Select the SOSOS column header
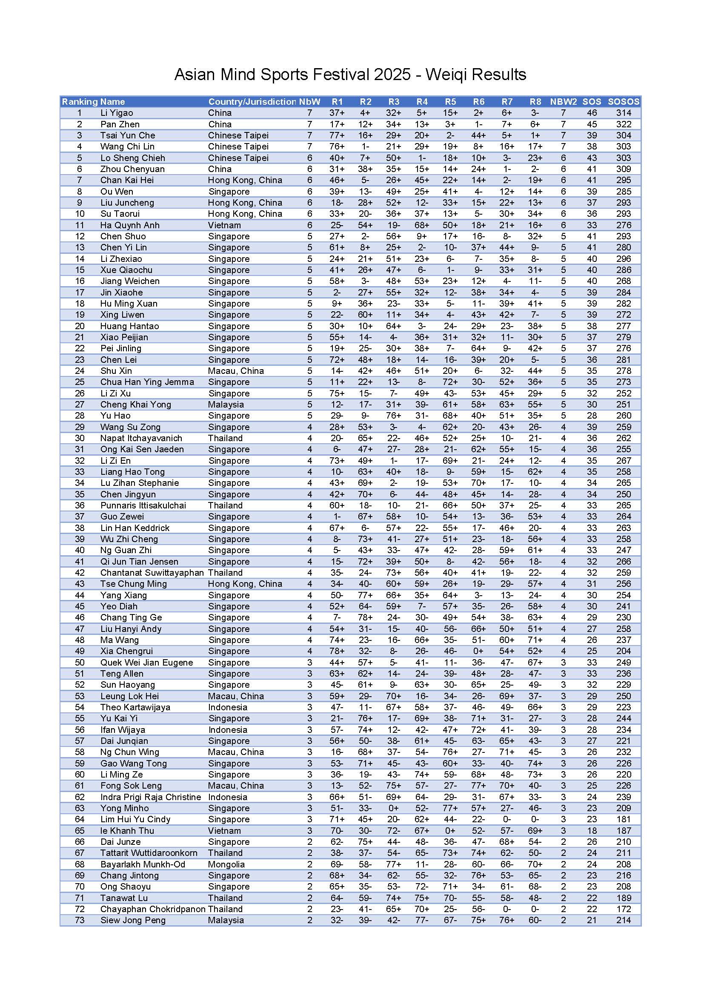pos(624,101)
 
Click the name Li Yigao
pos(117,113)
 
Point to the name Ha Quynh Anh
pos(130,225)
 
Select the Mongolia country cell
pos(226,864)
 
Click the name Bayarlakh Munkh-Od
pos(143,864)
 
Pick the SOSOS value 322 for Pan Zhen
pos(624,124)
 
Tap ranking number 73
pos(80,921)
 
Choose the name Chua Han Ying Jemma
pos(147,382)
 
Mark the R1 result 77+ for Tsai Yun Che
pos(337,135)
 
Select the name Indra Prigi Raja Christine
pos(150,797)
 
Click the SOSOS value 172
pos(624,909)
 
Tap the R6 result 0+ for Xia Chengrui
pos(478,651)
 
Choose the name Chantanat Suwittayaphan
pos(152,573)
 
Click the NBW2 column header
pos(563,101)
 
